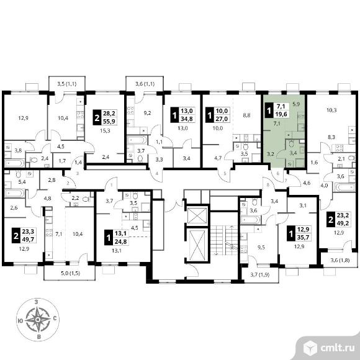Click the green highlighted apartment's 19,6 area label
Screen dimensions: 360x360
click(281, 114)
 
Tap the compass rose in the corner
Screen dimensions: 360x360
click(38, 320)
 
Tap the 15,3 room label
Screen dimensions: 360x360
click(106, 130)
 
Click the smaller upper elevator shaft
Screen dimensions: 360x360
click(197, 215)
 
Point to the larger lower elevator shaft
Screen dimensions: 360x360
click(197, 245)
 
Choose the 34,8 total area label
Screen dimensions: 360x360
click(187, 119)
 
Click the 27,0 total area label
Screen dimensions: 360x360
click(222, 119)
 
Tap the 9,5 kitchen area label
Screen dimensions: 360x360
click(261, 248)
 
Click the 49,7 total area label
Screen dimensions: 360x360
click(28, 240)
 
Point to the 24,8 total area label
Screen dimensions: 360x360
click(121, 241)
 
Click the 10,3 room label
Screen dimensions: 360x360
click(331, 110)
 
